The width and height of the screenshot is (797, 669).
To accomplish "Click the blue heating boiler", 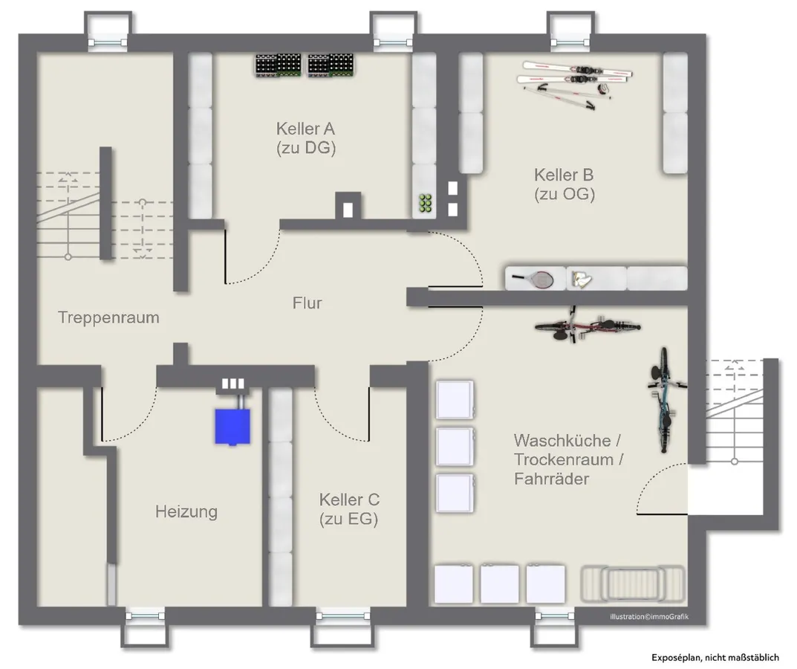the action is pos(232,427).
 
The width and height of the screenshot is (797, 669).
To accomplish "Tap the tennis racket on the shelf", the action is pos(533,278).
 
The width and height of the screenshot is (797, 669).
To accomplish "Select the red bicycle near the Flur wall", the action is pos(587,326).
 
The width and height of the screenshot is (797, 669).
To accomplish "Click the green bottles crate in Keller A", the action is pos(425,203).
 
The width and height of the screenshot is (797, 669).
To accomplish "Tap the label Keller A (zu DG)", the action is pos(306,138).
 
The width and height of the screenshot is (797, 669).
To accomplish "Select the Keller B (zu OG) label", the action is pos(565,184).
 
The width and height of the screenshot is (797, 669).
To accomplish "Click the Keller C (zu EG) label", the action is pos(349,508).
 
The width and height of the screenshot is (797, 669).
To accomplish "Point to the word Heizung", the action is pos(186,511).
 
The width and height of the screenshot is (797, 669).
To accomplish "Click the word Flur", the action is pos(307,303).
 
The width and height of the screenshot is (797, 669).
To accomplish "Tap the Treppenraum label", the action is pos(108,317).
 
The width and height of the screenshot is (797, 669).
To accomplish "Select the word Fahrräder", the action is pos(551,479).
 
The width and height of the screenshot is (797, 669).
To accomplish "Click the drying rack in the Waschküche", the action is pos(633,584).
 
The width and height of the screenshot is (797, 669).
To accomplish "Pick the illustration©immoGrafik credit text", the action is pos(649,617).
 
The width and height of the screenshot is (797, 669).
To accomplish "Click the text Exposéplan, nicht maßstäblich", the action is pos(715,659).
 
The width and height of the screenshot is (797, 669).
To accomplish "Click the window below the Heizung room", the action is pos(146,616).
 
